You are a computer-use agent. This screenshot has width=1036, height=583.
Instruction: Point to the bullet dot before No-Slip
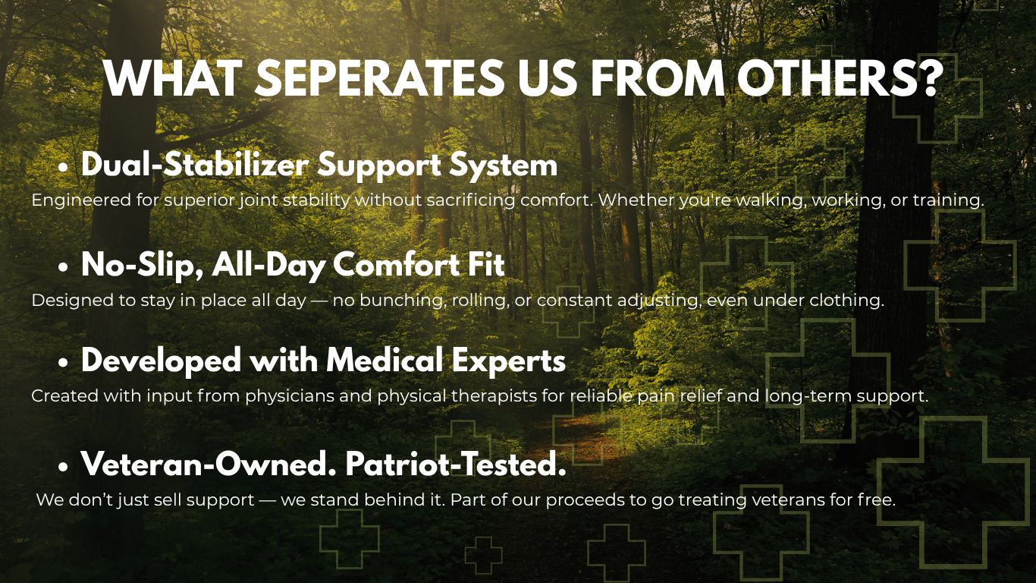[x=64, y=267]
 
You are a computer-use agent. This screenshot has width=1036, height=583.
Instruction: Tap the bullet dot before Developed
[x=64, y=363]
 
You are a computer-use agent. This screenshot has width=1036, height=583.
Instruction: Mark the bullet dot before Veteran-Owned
[x=64, y=467]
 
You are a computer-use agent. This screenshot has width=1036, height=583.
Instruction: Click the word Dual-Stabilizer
[x=195, y=165]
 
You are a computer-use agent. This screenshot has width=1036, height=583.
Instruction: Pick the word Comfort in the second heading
[x=396, y=264]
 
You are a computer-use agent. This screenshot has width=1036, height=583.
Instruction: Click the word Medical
[x=385, y=361]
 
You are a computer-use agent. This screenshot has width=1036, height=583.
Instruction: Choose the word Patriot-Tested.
[x=456, y=464]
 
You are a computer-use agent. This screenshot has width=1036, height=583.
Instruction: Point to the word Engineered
[x=81, y=201]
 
